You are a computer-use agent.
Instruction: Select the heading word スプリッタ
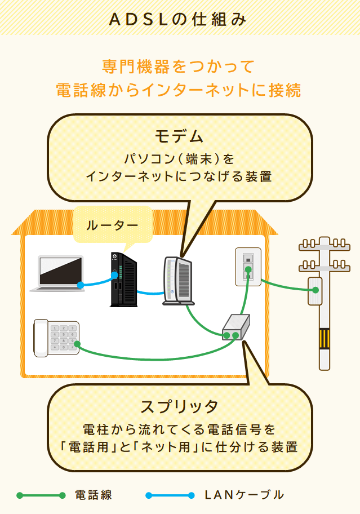coord(179,406)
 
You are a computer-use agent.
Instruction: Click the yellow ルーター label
coord(112,225)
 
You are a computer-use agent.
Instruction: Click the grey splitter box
coord(236,327)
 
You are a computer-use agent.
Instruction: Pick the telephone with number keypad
coord(56,338)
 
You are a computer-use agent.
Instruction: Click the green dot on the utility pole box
coord(315,290)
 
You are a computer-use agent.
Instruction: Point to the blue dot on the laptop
coord(81,285)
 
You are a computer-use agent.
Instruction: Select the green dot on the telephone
coord(77,344)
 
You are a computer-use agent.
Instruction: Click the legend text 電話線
coord(94,495)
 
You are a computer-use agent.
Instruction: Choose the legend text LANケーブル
coord(244,495)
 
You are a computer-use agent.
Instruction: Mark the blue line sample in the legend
coord(170,496)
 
